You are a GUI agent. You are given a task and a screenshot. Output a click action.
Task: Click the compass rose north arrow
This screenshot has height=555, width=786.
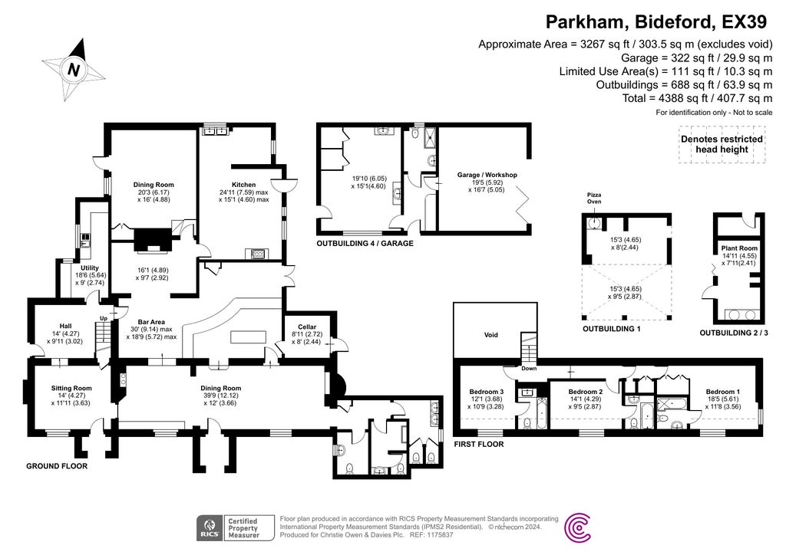(74, 69)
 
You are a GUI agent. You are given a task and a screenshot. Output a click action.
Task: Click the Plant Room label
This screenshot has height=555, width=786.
(738, 248)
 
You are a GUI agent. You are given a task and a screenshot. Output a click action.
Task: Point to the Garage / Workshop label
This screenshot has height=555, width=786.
(487, 175)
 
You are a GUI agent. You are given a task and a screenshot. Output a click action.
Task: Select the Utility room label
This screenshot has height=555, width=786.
(90, 268)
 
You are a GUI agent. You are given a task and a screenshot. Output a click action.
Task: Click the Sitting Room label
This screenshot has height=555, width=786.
(71, 388)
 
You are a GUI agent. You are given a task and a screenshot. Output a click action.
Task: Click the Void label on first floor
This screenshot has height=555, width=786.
(491, 335)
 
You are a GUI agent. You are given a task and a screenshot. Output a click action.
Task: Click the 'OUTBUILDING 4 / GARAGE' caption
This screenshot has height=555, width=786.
(365, 243)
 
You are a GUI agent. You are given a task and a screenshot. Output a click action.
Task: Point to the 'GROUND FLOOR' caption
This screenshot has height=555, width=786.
(56, 465)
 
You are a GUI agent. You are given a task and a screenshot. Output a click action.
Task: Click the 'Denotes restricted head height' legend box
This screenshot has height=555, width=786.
(722, 144)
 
